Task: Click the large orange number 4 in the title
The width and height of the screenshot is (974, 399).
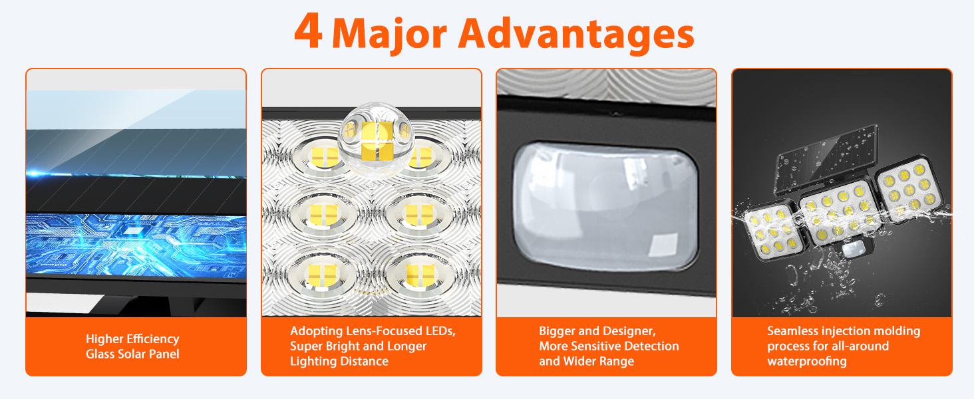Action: [x=309, y=32]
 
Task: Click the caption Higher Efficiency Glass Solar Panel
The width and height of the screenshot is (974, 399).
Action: [x=132, y=346]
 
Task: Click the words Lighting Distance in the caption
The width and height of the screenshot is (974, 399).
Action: [x=339, y=361]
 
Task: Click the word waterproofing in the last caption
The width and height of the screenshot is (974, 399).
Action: [x=806, y=361]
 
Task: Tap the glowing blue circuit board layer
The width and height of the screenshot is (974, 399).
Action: [x=135, y=245]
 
